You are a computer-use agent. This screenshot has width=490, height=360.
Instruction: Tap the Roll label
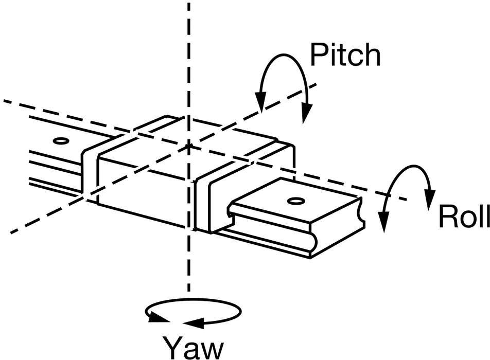pyautogui.click(x=464, y=217)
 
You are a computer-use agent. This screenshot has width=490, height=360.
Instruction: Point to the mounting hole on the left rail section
pyautogui.click(x=61, y=141)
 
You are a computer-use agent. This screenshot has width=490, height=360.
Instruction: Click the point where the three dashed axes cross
pyautogui.click(x=189, y=146)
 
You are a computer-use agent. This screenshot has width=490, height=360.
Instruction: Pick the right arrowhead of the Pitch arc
pyautogui.click(x=306, y=114)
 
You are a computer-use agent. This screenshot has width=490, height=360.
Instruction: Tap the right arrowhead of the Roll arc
pyautogui.click(x=431, y=199)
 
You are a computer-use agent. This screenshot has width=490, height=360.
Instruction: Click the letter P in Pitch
pyautogui.click(x=318, y=55)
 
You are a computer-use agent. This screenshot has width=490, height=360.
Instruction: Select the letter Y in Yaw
pyautogui.click(x=173, y=348)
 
